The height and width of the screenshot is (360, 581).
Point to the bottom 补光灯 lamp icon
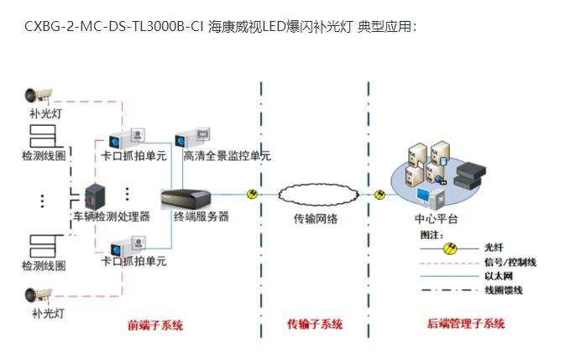pyautogui.click(x=39, y=295)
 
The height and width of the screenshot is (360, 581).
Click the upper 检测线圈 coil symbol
pyautogui.click(x=43, y=136)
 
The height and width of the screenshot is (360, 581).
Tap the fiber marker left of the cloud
pyautogui.click(x=252, y=195)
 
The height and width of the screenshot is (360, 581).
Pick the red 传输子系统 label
pyautogui.click(x=315, y=325)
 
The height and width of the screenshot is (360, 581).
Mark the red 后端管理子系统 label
pyautogui.click(x=467, y=324)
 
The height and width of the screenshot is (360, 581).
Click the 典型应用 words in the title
pyautogui.click(x=385, y=26)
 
